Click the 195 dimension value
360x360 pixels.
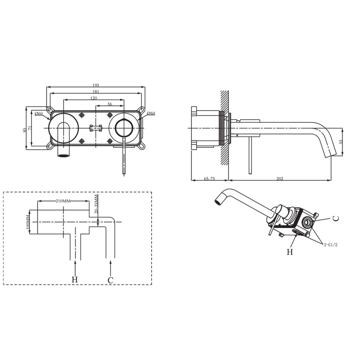point(96,85)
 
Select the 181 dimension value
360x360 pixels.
point(96,91)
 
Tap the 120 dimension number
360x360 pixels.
point(94,98)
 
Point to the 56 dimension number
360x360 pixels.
point(110,104)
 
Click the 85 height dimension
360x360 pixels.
point(24,130)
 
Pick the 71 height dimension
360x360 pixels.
point(30,128)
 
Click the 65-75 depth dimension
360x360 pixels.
point(210,179)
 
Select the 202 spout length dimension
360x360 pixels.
point(280,179)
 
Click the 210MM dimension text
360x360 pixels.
point(63,201)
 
